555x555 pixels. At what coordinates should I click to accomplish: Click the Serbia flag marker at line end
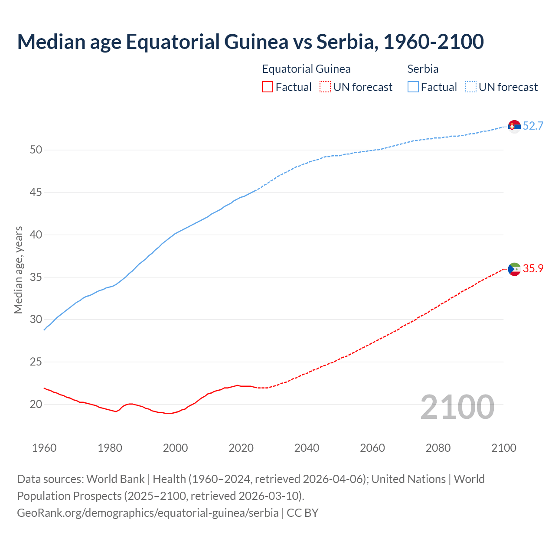click(514, 126)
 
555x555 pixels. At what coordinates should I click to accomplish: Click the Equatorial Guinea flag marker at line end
click(514, 269)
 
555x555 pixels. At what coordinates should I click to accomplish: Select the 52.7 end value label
click(533, 126)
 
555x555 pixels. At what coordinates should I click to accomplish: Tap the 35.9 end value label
click(533, 269)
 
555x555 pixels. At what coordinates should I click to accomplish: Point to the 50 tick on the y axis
click(36, 150)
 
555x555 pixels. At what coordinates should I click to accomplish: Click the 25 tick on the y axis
click(36, 362)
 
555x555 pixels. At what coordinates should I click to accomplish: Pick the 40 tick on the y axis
click(36, 235)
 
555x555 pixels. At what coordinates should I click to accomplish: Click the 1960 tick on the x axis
click(44, 448)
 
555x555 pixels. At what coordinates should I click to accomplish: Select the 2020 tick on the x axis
click(241, 448)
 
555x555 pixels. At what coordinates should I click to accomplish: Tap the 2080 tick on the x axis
click(438, 448)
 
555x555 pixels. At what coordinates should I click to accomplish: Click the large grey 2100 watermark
click(457, 407)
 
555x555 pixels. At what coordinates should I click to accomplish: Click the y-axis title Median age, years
click(18, 270)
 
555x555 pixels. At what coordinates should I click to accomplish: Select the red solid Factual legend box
click(268, 87)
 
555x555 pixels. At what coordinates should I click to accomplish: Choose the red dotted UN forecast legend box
click(325, 87)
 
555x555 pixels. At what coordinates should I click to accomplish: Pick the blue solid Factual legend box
click(413, 87)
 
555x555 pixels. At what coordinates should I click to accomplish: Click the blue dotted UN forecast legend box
click(471, 87)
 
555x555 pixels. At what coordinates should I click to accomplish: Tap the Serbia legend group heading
click(423, 69)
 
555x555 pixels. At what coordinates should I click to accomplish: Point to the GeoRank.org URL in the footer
click(147, 513)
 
